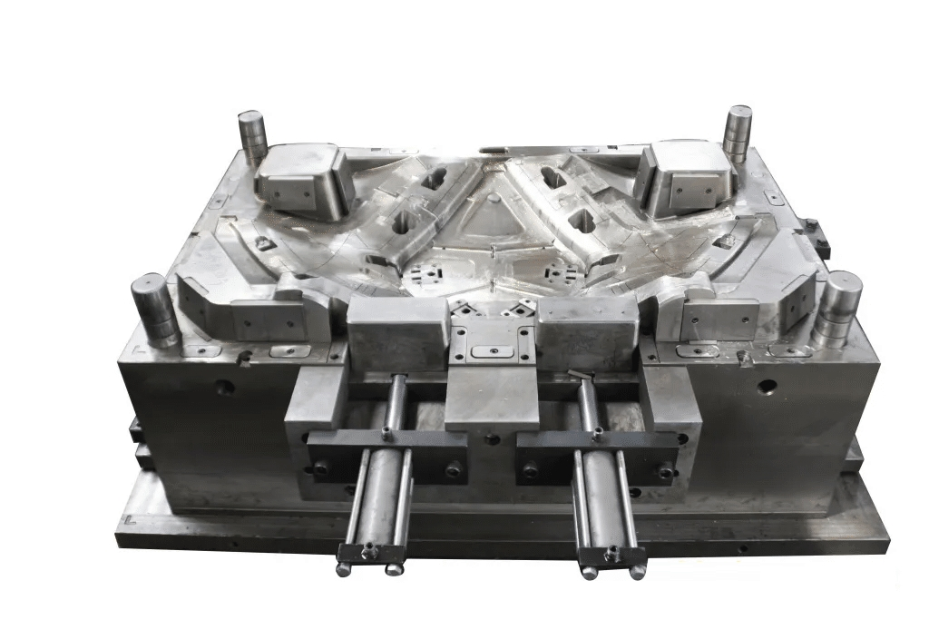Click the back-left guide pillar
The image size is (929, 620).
click(251, 135)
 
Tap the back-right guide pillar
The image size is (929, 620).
click(737, 132)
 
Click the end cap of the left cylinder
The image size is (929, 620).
click(369, 553)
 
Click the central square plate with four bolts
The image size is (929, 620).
click(491, 341)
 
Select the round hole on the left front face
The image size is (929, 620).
click(225, 388)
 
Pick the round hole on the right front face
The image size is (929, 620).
click(768, 388)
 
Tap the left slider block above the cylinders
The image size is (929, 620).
click(396, 332)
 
